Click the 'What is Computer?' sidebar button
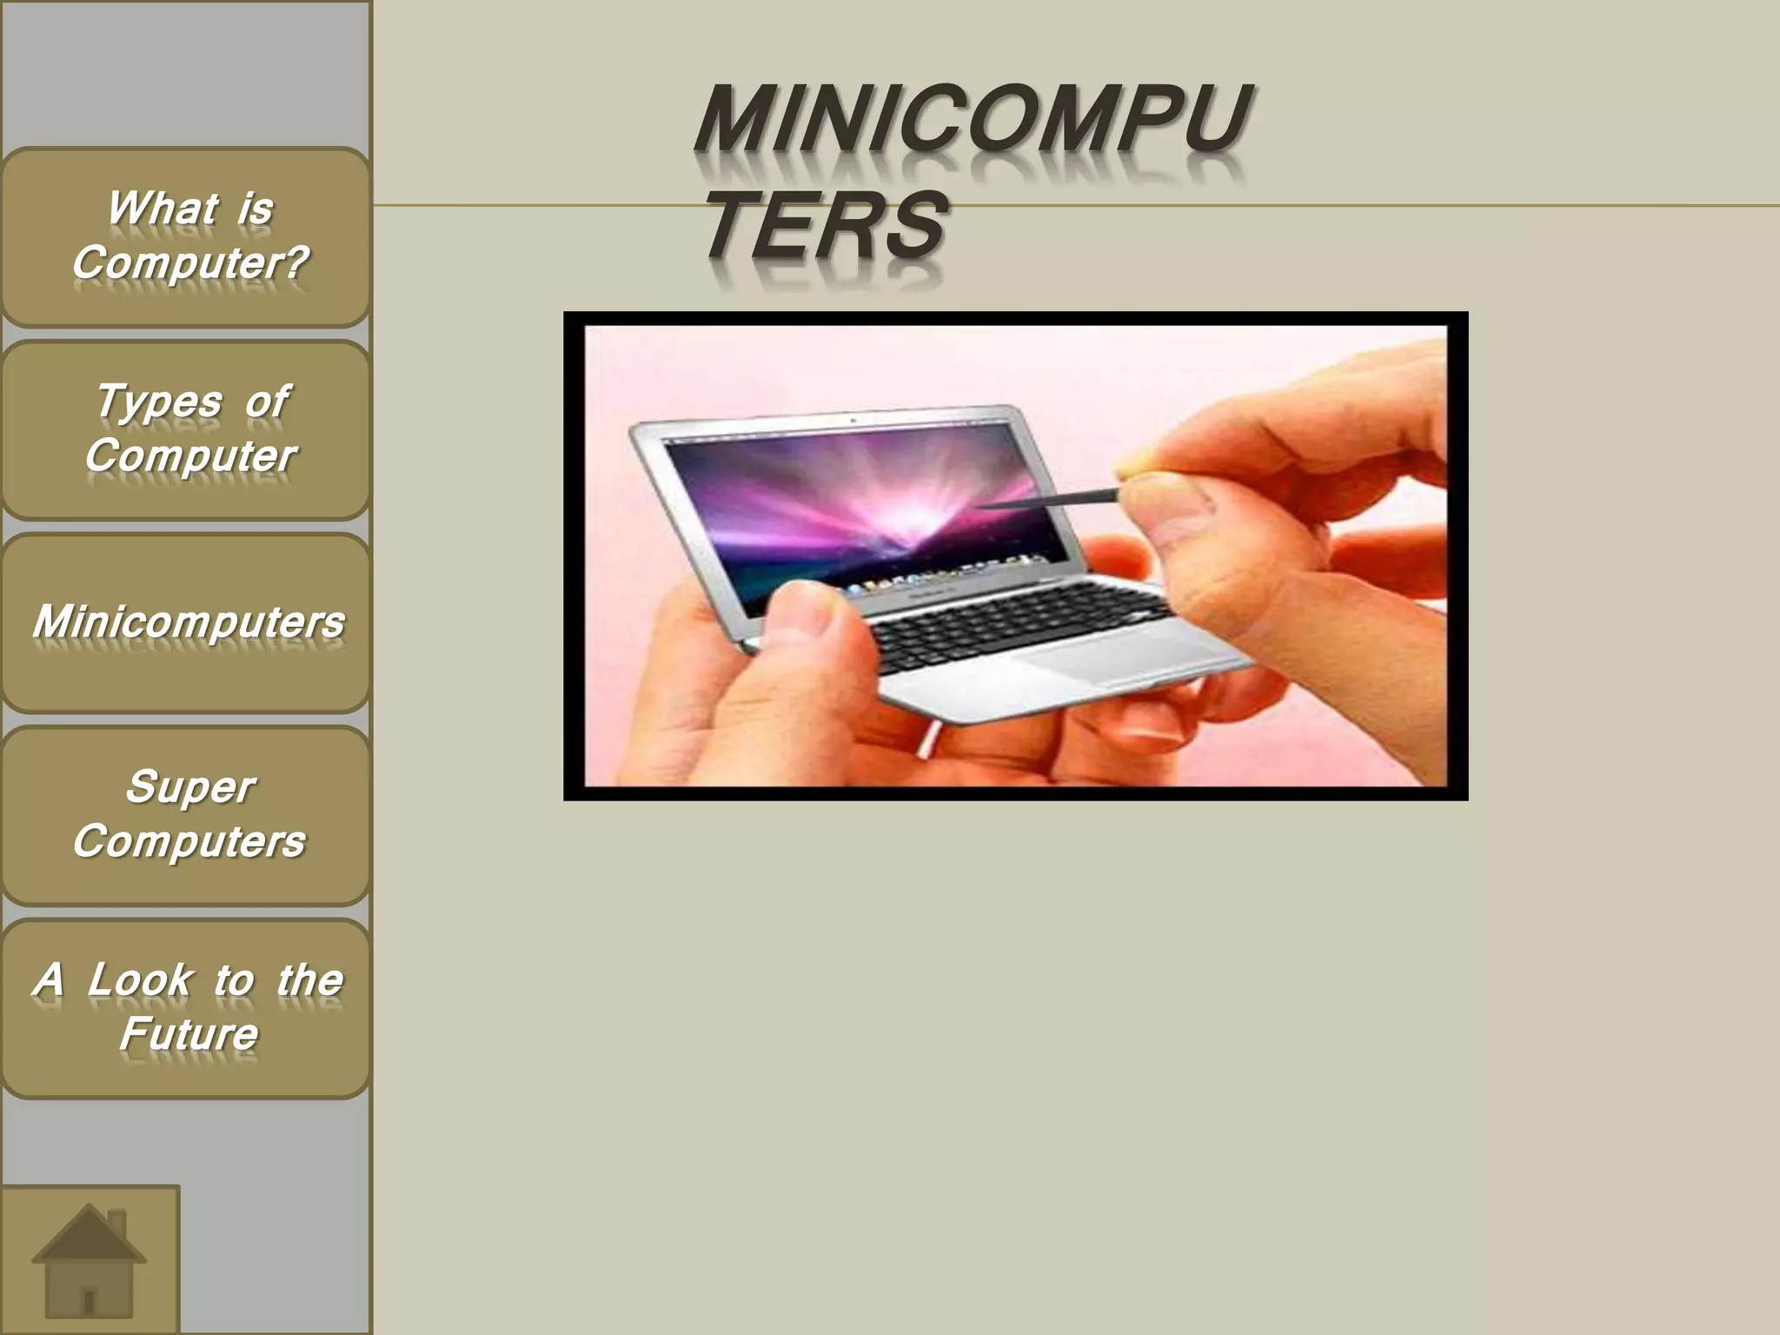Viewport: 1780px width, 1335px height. [x=186, y=236]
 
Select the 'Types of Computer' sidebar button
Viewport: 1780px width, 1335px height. [x=186, y=429]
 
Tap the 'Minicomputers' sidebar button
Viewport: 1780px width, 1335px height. [x=186, y=622]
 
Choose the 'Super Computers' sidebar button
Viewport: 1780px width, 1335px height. [x=186, y=815]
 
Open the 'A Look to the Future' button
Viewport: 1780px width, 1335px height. [x=186, y=1008]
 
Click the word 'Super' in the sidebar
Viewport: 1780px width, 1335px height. [x=189, y=787]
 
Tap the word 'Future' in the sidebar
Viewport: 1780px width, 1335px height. [x=189, y=1034]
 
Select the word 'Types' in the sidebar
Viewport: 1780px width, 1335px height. [x=159, y=402]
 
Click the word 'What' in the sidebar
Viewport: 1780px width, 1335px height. [x=162, y=209]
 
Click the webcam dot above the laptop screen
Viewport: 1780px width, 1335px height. [x=853, y=420]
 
